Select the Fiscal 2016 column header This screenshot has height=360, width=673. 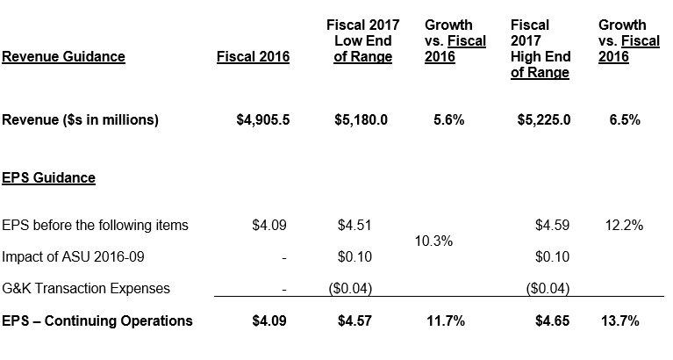click(253, 58)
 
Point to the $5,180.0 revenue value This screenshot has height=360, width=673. click(362, 120)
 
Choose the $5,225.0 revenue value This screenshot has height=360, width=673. click(544, 120)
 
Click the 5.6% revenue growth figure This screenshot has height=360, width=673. click(448, 120)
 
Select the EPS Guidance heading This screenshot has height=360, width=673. click(48, 178)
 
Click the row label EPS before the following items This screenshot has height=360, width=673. click(95, 226)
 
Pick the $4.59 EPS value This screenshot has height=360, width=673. click(552, 226)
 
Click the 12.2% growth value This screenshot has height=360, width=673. click(624, 226)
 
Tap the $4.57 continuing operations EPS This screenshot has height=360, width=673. click(354, 321)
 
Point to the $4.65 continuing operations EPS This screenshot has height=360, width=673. click(552, 321)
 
